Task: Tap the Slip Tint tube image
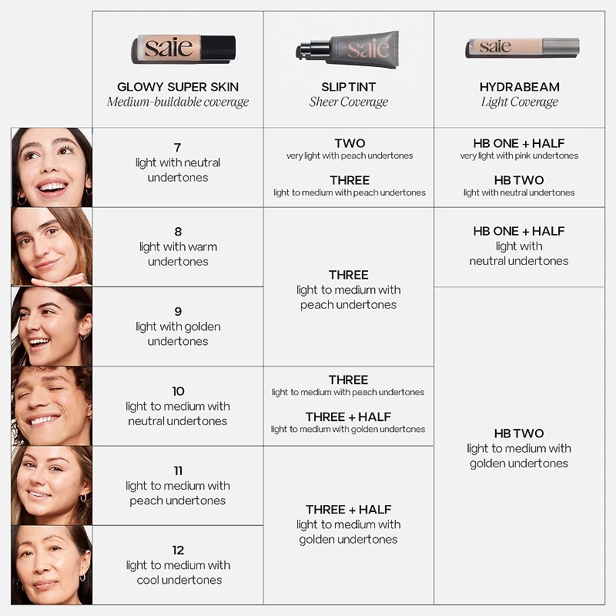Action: click(348, 50)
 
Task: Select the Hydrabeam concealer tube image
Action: click(521, 47)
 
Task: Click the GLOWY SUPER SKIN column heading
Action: click(178, 87)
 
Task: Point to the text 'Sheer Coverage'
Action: click(348, 102)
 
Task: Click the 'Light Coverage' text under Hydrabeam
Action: click(519, 102)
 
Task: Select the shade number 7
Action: click(178, 147)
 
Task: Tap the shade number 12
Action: click(178, 550)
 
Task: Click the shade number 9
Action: click(178, 311)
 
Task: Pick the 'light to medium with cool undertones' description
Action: click(178, 572)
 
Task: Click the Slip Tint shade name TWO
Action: click(349, 143)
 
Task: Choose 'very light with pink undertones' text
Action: click(519, 156)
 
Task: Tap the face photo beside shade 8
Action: click(52, 246)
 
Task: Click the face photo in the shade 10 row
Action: click(52, 406)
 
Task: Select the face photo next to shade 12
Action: click(52, 564)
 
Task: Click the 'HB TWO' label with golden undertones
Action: click(519, 434)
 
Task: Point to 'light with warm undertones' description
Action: click(178, 254)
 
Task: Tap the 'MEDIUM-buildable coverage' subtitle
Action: click(178, 102)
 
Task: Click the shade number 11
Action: click(178, 470)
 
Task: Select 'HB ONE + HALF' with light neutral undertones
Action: click(519, 231)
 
